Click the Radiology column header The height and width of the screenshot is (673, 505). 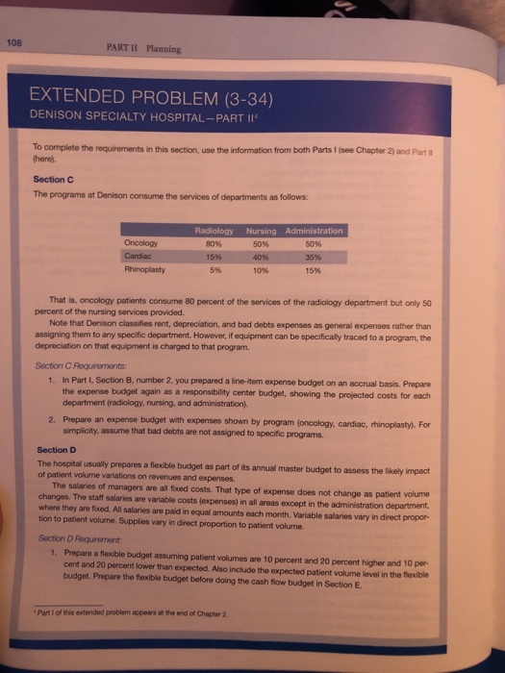[215, 231]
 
